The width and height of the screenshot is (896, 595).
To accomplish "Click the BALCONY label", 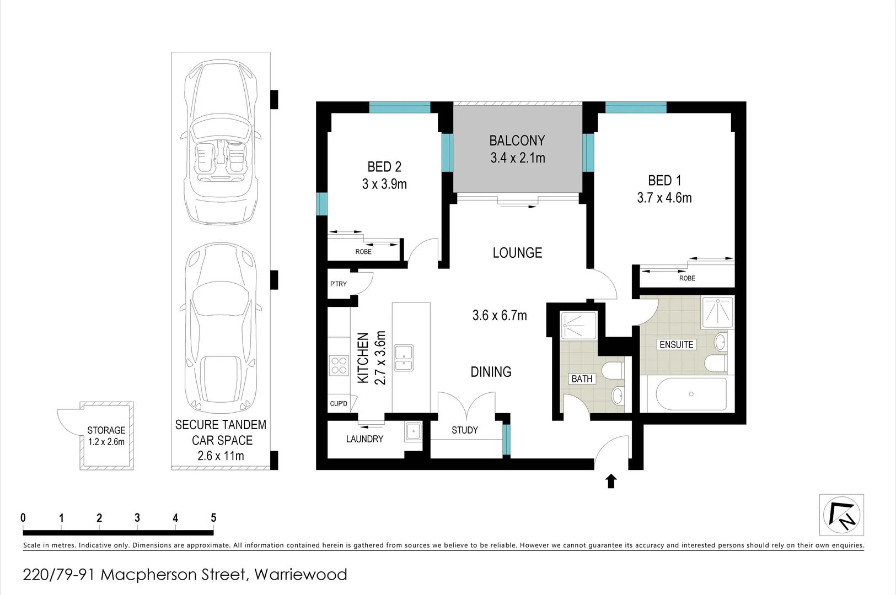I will [x=517, y=140].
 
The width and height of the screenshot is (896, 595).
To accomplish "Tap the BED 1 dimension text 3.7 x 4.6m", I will [x=664, y=198].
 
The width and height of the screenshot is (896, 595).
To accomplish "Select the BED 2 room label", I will [x=384, y=166].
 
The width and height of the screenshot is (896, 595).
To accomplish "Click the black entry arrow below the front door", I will [x=611, y=482].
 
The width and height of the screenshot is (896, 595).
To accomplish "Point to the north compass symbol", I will [x=841, y=515].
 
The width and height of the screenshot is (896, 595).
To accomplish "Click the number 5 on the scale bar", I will [x=213, y=518].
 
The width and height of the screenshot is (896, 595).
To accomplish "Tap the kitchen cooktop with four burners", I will [x=339, y=365].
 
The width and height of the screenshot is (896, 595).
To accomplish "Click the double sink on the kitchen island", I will [x=404, y=358].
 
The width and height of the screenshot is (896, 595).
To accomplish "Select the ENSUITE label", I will [x=676, y=344].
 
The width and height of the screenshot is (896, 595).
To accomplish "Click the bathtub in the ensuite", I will [x=691, y=394].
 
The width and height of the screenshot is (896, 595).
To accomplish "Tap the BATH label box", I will [x=582, y=379].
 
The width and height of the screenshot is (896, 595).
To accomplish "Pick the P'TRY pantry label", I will [x=339, y=284].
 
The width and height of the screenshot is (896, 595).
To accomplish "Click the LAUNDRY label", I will [x=364, y=439].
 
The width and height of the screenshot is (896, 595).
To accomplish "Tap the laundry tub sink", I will [x=412, y=431].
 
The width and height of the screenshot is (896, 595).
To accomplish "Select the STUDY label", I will [x=464, y=430].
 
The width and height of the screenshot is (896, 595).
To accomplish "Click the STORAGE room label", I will [x=106, y=430].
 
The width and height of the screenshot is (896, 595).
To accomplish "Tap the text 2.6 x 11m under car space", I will [x=221, y=456].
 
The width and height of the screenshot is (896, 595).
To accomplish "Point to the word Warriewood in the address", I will [x=301, y=575].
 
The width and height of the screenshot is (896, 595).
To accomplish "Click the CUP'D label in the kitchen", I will [x=339, y=404].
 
